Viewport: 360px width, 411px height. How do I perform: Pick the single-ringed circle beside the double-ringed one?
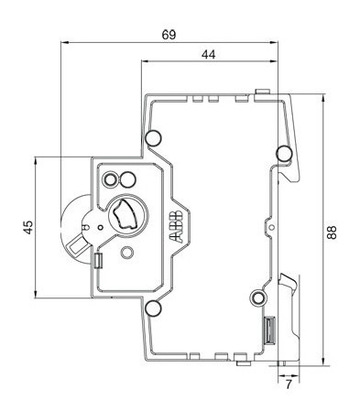pos(128,177)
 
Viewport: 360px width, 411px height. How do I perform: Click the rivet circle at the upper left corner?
pos(154,138)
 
